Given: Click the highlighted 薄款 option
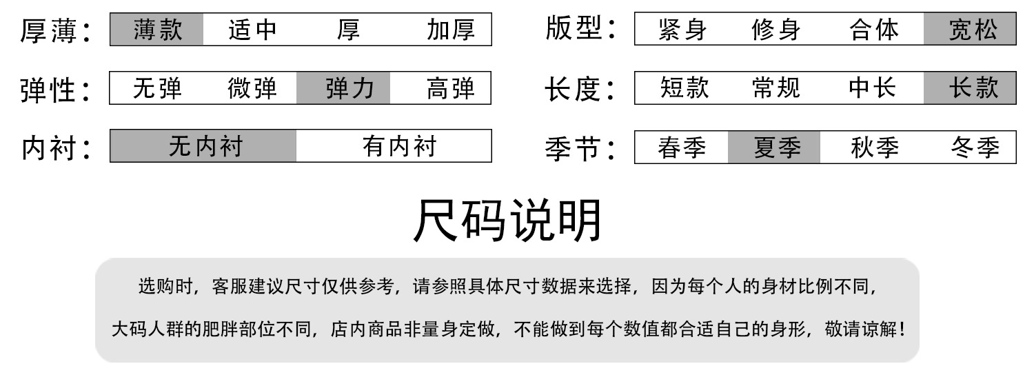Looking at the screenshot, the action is click(157, 30).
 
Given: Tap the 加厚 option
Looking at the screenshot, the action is click(451, 30).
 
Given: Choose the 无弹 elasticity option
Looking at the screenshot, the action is click(157, 89).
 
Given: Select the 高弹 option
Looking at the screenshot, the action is click(451, 89).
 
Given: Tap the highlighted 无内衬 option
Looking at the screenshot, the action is click(205, 146).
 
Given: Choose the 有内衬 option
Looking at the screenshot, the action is click(400, 146).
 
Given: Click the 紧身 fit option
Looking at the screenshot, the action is click(682, 30).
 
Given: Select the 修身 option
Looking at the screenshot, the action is click(776, 30).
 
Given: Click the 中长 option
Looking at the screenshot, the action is click(872, 88).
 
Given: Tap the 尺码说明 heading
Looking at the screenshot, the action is click(508, 221).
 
